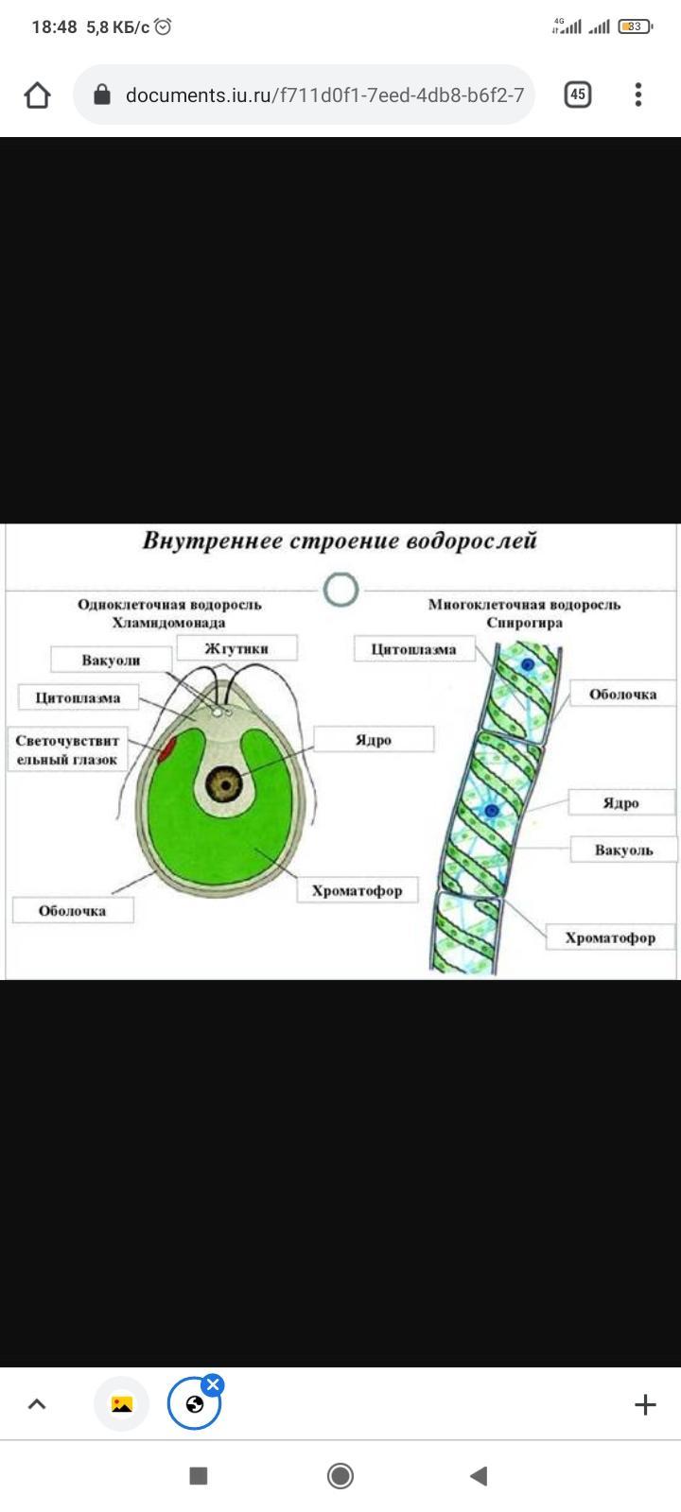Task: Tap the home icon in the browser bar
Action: (x=37, y=94)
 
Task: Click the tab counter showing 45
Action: (x=578, y=94)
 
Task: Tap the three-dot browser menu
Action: (x=638, y=94)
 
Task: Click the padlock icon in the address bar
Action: (x=102, y=94)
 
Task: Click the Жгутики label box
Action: (x=236, y=648)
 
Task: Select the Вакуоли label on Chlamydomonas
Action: (x=111, y=660)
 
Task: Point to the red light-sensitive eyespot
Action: (x=166, y=750)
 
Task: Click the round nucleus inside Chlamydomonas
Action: (x=226, y=783)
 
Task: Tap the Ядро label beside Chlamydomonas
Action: (x=374, y=739)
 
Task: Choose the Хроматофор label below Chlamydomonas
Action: (x=357, y=890)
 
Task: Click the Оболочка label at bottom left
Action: (x=72, y=911)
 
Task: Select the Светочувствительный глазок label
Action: (x=66, y=750)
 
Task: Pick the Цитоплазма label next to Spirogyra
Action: (x=413, y=649)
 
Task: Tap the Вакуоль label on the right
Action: (x=623, y=850)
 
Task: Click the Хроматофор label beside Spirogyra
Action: (x=609, y=937)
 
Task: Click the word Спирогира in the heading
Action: (x=524, y=623)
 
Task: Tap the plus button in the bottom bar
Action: (x=645, y=1404)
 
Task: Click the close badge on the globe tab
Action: (x=214, y=1385)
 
